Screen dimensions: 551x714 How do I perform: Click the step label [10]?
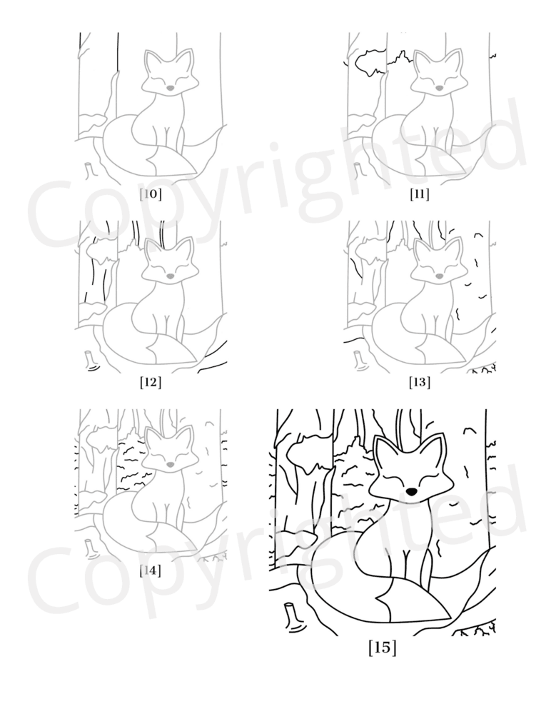click(x=151, y=194)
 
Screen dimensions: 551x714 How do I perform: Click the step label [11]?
click(x=419, y=194)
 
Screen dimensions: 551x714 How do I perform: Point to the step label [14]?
click(x=151, y=570)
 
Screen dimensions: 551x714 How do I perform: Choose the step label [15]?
click(x=382, y=647)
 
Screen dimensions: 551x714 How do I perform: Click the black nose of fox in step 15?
click(x=411, y=492)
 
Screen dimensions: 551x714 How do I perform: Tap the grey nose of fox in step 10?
click(x=170, y=87)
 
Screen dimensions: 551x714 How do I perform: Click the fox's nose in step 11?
click(x=439, y=87)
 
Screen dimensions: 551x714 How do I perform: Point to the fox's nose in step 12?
click(x=170, y=276)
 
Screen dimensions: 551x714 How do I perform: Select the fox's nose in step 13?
click(x=439, y=276)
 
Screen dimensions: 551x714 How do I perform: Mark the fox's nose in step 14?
click(x=170, y=465)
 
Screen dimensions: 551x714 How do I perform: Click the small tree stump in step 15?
click(x=294, y=617)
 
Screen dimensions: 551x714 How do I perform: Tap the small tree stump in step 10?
click(x=91, y=171)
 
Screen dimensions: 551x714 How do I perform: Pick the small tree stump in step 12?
click(x=91, y=360)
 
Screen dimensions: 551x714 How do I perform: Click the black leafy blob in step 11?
click(x=368, y=63)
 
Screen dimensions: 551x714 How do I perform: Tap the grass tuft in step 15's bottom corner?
click(x=476, y=630)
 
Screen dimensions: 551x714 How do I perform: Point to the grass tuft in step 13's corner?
click(x=482, y=368)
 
